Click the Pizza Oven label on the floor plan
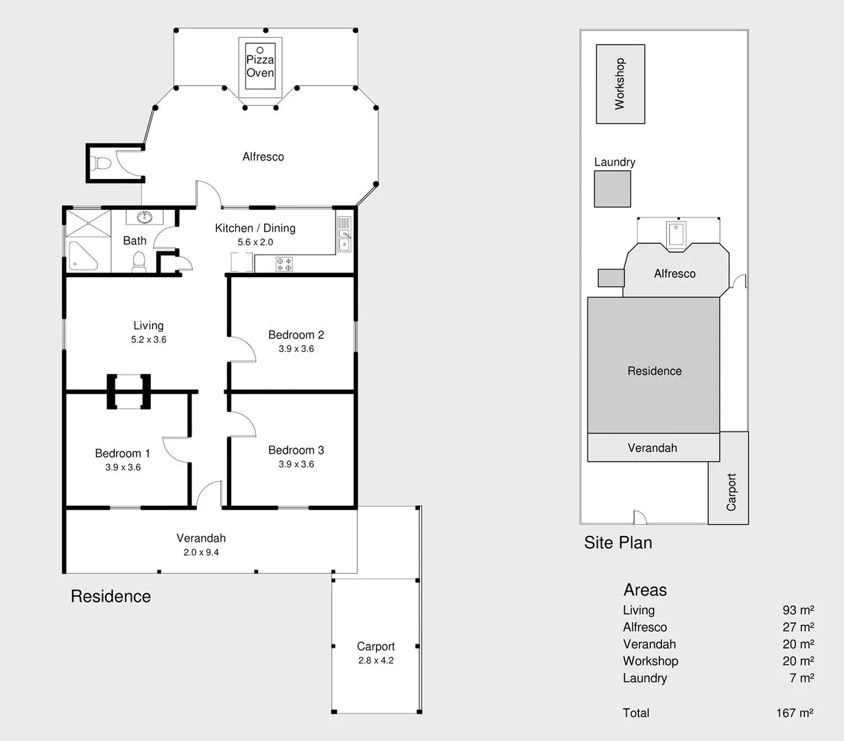pos(260,67)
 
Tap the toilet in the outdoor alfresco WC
pos(102,164)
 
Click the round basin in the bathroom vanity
pos(145,218)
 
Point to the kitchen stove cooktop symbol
pos(284,263)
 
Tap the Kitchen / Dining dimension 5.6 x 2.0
pos(255,242)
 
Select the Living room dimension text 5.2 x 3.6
pos(149,340)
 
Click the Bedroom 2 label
pos(296,335)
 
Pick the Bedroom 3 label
pos(296,450)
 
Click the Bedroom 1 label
pos(122,454)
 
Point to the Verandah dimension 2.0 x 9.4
pos(201,552)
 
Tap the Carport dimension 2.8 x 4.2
pos(376,661)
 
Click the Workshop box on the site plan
pos(620,84)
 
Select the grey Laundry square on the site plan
pos(612,189)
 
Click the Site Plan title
pos(618,543)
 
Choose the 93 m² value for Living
pos(798,610)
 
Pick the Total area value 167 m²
pos(795,713)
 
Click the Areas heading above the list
pos(645,590)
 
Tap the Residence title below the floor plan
pos(110,596)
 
